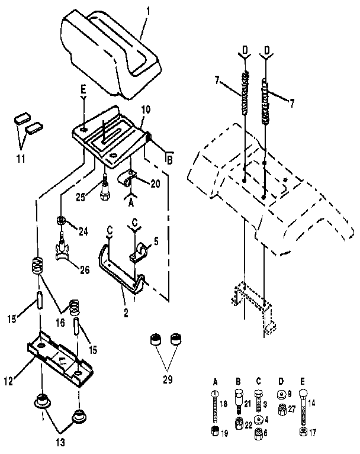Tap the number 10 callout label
pyautogui.click(x=146, y=110)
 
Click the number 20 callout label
pyautogui.click(x=155, y=183)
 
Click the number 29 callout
pyautogui.click(x=168, y=378)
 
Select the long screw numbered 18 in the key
pyautogui.click(x=215, y=408)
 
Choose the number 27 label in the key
pyautogui.click(x=292, y=408)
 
